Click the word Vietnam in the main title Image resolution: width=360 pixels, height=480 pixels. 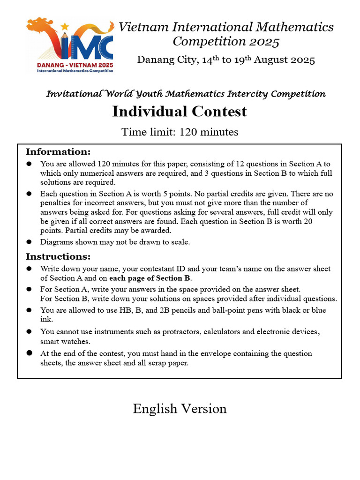(143, 27)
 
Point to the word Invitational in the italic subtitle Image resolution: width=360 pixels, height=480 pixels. (73, 94)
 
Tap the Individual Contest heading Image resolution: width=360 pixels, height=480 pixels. (180, 112)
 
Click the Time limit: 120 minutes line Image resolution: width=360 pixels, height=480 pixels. (180, 132)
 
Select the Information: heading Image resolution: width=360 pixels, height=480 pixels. (58, 152)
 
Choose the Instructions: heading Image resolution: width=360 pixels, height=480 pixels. (58, 256)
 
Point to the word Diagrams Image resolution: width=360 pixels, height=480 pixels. (56, 242)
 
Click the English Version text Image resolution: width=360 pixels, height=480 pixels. (180, 409)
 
